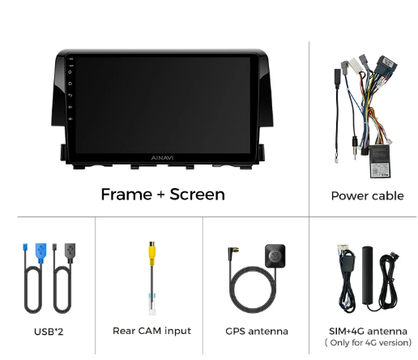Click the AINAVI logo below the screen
[x=162, y=158]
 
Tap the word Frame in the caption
[x=126, y=195]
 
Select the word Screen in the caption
[x=197, y=195]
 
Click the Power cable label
[x=367, y=196]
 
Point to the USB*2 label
[x=49, y=332]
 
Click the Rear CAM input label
[x=151, y=331]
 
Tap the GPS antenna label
[x=257, y=332]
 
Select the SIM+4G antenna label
[x=368, y=331]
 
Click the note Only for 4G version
[x=368, y=343]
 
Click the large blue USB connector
[x=41, y=253]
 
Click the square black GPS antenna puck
[x=275, y=255]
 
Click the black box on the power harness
[x=380, y=161]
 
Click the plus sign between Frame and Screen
[x=161, y=195]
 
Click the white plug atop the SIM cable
[x=343, y=248]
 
